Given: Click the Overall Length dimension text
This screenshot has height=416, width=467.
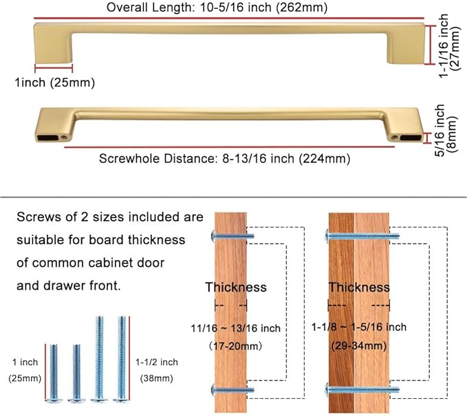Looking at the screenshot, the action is pyautogui.click(x=217, y=8).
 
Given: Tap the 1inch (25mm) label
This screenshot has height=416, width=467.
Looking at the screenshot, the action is pyautogui.click(x=55, y=83).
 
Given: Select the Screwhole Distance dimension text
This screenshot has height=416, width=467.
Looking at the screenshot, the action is pyautogui.click(x=224, y=158).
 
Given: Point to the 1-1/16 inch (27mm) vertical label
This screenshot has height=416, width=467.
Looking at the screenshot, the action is pyautogui.click(x=449, y=45).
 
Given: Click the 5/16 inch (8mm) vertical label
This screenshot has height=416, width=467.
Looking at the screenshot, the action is pyautogui.click(x=445, y=131).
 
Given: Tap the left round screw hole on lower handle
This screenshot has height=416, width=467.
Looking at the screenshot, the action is pyautogui.click(x=64, y=138).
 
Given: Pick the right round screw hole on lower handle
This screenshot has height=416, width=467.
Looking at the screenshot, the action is pyautogui.click(x=395, y=138).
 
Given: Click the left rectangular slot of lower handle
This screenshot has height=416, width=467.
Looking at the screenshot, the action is pyautogui.click(x=48, y=138).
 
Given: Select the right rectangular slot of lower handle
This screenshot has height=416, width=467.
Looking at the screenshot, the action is pyautogui.click(x=411, y=138).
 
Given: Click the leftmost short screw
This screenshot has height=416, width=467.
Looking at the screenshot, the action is pyautogui.click(x=54, y=373).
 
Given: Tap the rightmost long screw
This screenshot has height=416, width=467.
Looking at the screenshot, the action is pyautogui.click(x=122, y=360).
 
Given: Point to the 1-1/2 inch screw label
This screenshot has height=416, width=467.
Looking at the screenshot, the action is pyautogui.click(x=157, y=362).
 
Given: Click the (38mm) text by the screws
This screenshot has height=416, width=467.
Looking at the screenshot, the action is pyautogui.click(x=157, y=378).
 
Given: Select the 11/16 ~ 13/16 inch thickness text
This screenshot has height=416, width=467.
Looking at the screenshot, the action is pyautogui.click(x=236, y=328).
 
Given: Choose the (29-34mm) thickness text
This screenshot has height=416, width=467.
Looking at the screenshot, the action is pyautogui.click(x=359, y=346).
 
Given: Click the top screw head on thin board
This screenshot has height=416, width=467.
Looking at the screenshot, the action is pyautogui.click(x=213, y=236).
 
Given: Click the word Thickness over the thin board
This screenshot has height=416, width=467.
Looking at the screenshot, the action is pyautogui.click(x=236, y=287).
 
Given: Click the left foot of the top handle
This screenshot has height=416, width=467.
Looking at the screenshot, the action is pyautogui.click(x=54, y=44).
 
